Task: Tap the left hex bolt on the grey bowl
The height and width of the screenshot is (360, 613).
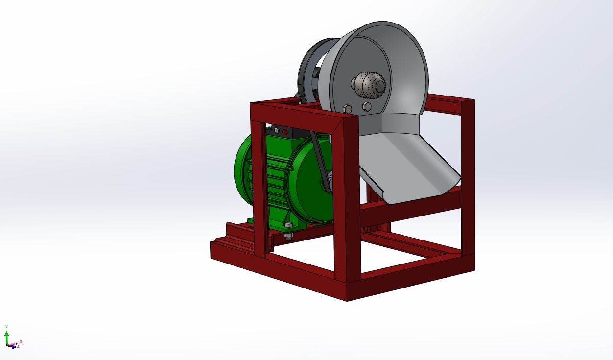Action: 347,108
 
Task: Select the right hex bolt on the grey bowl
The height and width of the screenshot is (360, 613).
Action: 366,106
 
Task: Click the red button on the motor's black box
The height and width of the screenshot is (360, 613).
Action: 284,132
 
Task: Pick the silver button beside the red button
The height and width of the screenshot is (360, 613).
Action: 276,131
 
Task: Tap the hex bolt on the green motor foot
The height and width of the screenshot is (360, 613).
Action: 288,225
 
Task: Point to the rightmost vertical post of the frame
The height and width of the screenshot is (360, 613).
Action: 468,176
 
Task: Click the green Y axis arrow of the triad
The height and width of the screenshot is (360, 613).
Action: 7,333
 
